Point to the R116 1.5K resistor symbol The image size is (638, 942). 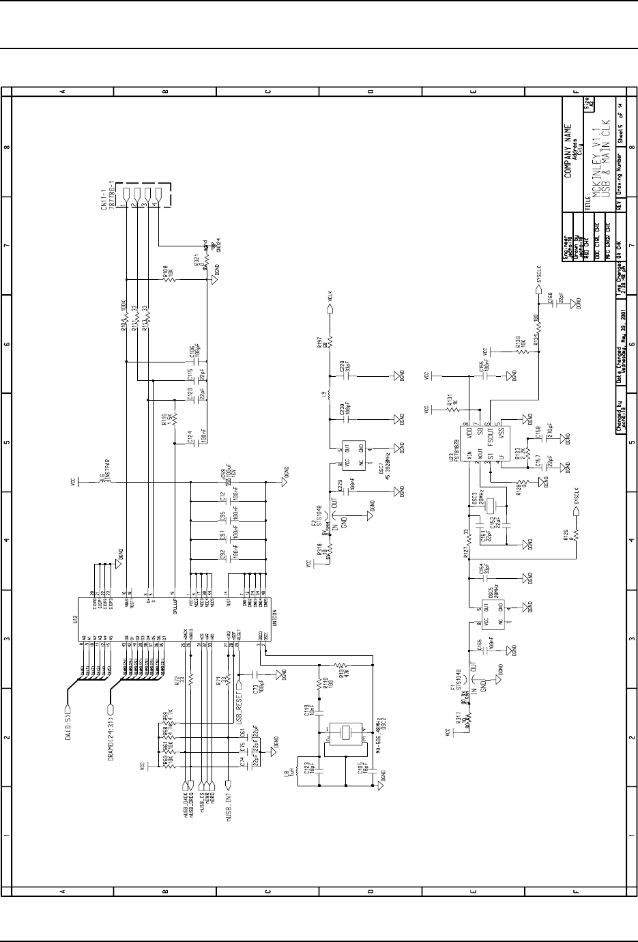coord(175,418)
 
